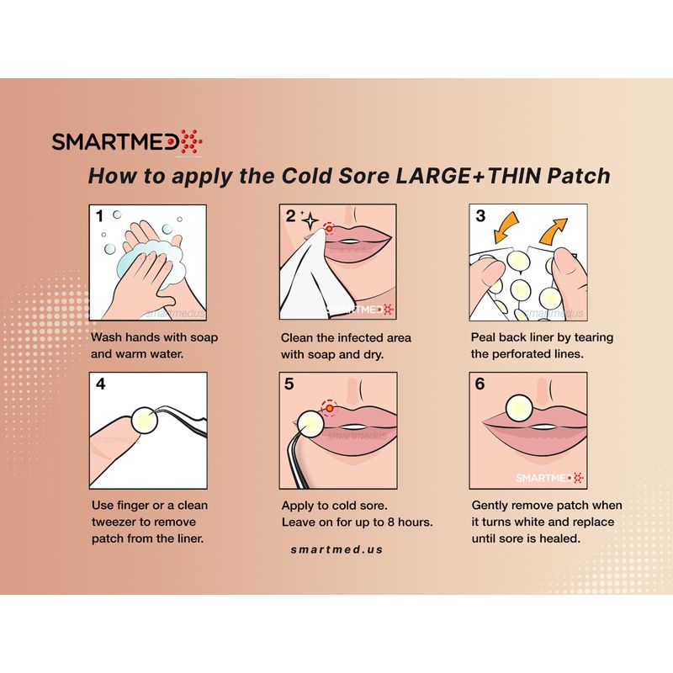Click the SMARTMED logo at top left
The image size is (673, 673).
coord(127,141)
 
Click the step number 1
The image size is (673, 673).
coord(99,216)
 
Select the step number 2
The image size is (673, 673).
coord(290,216)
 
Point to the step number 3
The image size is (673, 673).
coord(480,215)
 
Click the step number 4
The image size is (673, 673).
coord(100,384)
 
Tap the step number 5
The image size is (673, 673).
coord(289,384)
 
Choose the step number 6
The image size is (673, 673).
coord(480,384)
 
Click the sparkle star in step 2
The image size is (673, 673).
coord(310,220)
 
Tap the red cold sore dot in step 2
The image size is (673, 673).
coord(329,228)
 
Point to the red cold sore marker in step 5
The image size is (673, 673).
coord(329,408)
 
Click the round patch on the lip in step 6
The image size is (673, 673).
coord(519,408)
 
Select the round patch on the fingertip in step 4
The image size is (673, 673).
coord(145,420)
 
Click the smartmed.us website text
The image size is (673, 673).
coord(336,549)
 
